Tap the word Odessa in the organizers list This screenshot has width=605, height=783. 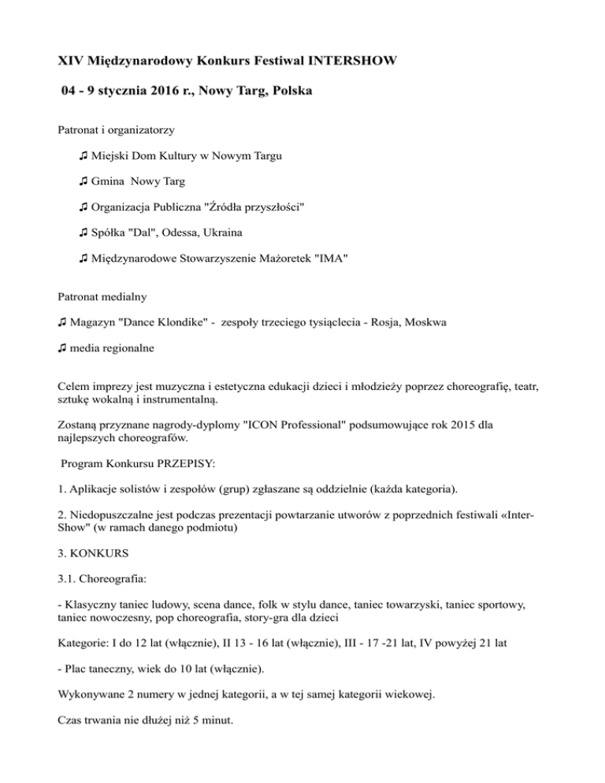pos(197,232)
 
